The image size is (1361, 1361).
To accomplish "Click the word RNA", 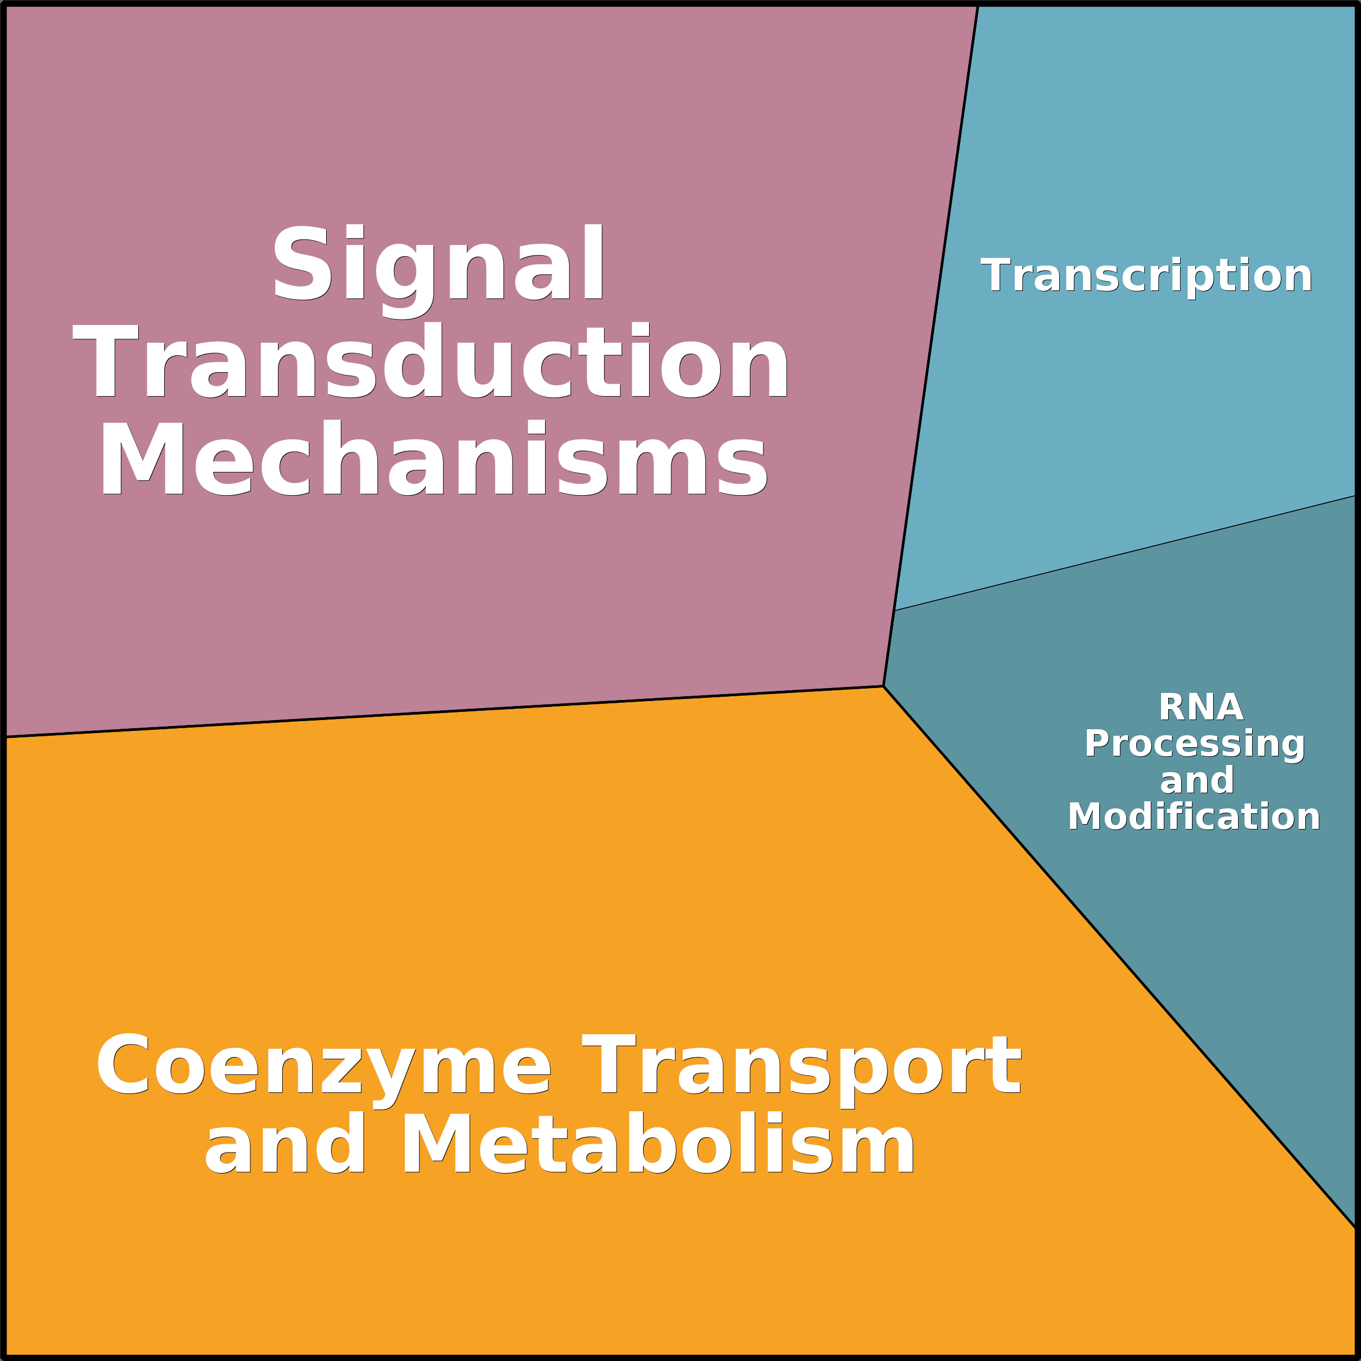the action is pyautogui.click(x=1201, y=707).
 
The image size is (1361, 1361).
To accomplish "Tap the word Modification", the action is pyautogui.click(x=1194, y=816).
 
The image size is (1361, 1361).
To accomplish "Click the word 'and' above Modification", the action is pyautogui.click(x=1197, y=781).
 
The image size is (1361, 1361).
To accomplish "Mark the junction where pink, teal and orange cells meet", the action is pyautogui.click(x=883, y=686).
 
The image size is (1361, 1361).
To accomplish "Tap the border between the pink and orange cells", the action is pyautogui.click(x=444, y=711).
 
